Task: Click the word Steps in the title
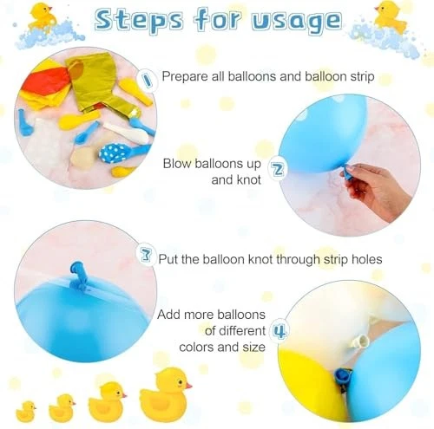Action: click(x=145, y=21)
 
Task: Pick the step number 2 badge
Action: click(x=279, y=168)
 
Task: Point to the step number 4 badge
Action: click(x=278, y=330)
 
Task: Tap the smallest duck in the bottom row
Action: click(x=25, y=410)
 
